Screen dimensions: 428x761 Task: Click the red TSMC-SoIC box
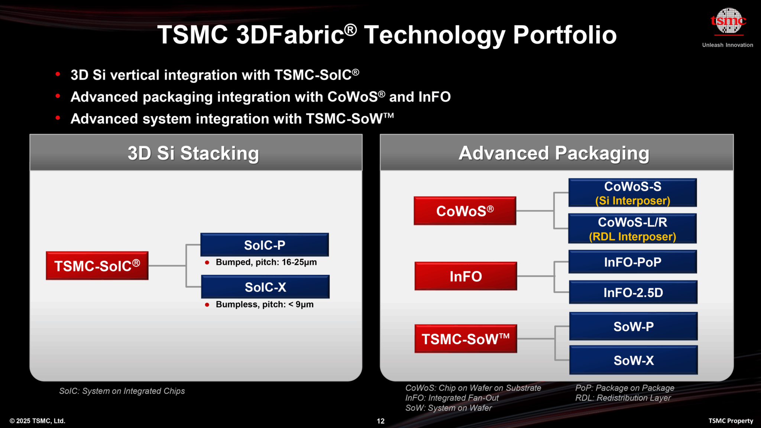tap(97, 266)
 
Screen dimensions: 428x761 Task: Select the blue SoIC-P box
tap(265, 245)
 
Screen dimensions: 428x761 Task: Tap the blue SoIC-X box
tap(265, 287)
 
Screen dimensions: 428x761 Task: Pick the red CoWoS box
tap(465, 211)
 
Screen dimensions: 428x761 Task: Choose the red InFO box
tap(466, 276)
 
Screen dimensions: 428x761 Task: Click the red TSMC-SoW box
tap(466, 339)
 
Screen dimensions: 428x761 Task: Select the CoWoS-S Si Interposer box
tap(632, 193)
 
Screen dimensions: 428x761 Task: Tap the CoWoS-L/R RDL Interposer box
tap(632, 228)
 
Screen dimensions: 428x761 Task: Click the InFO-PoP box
tap(632, 262)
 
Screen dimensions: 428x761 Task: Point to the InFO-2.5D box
tap(633, 292)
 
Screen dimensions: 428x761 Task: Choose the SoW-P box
tap(633, 327)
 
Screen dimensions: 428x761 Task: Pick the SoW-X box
tap(633, 360)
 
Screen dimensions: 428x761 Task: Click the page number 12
tap(380, 421)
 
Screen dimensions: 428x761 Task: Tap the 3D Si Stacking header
tap(194, 153)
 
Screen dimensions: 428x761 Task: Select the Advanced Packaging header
tap(554, 153)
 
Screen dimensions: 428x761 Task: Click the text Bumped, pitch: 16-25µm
tap(266, 262)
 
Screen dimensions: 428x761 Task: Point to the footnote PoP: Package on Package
tap(625, 388)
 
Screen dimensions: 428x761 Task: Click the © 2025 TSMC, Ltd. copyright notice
tap(38, 421)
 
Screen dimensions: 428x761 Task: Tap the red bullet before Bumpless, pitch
tap(207, 305)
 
